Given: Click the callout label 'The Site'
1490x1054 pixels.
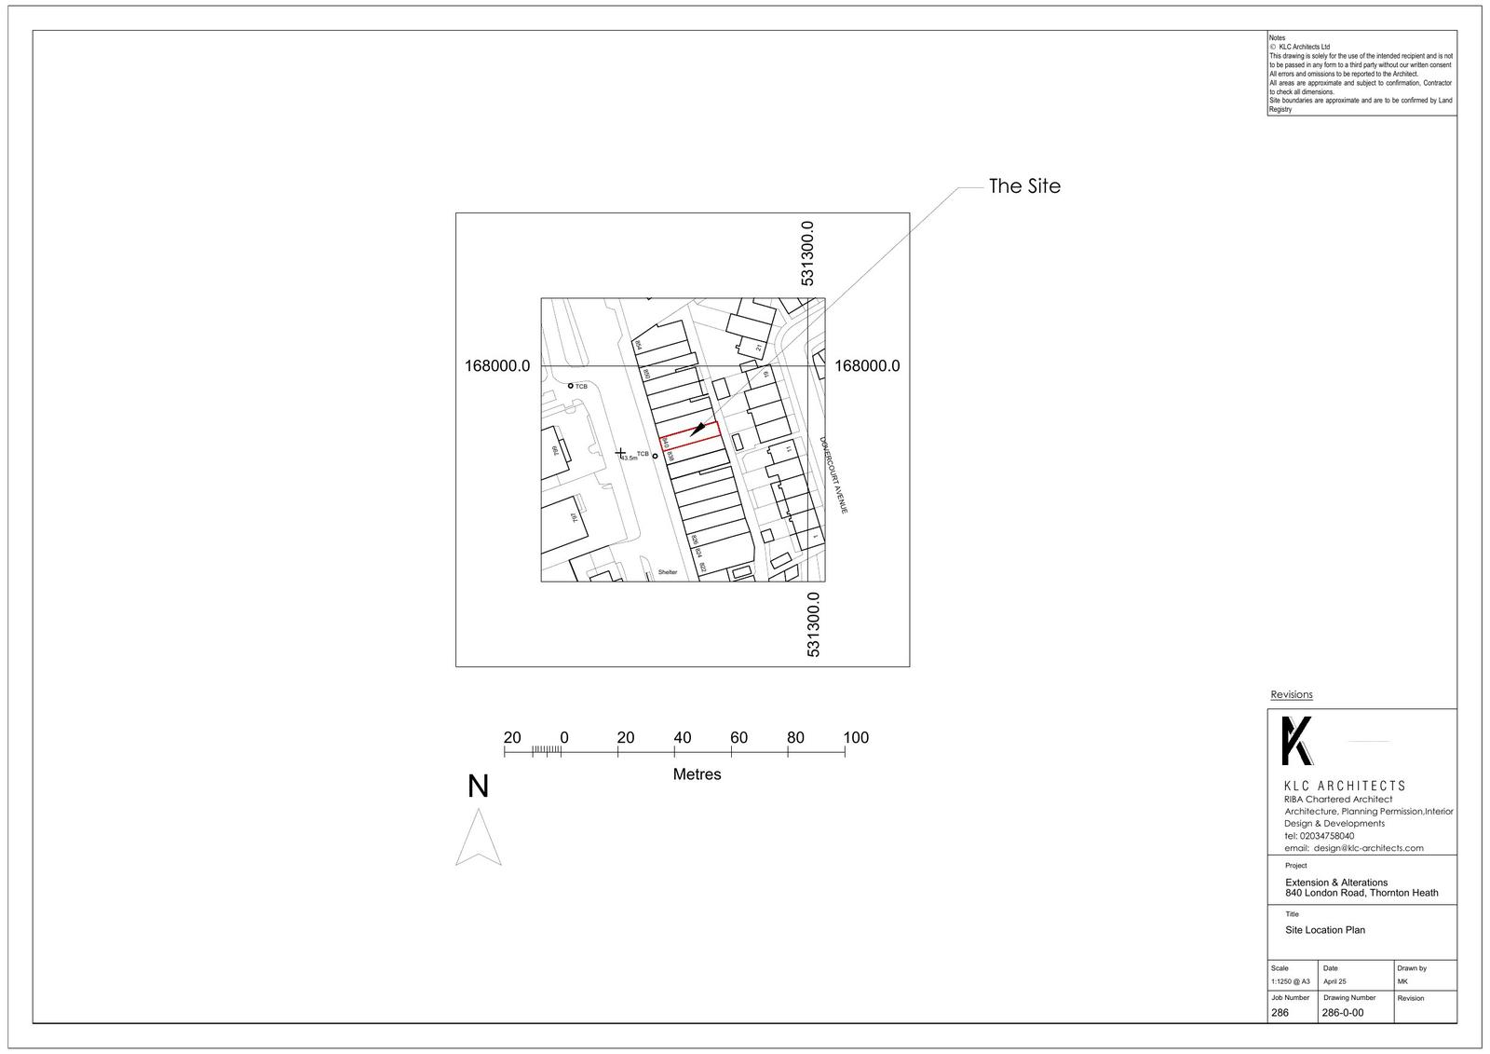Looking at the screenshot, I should [x=1023, y=186].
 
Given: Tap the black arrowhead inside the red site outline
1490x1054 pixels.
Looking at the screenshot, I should [x=698, y=430].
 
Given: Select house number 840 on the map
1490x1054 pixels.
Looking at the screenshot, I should [x=665, y=445].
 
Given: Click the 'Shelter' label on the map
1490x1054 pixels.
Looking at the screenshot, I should [x=668, y=571].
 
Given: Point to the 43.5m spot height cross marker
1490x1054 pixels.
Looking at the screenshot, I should [x=621, y=453].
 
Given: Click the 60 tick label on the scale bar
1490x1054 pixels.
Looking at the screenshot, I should [x=738, y=738].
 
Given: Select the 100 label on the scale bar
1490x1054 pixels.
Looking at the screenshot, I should [x=855, y=738].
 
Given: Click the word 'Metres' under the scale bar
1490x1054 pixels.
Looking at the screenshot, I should [x=697, y=774].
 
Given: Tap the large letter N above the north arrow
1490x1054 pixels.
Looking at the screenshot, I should [x=478, y=787].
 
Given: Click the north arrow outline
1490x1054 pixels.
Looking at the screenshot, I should [x=479, y=839].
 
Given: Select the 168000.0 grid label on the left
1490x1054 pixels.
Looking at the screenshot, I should [x=497, y=366].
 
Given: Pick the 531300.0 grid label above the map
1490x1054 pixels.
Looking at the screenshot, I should [x=808, y=253].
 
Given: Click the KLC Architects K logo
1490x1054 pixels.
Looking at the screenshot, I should [x=1296, y=741].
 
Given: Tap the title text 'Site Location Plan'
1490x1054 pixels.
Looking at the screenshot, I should [x=1324, y=930].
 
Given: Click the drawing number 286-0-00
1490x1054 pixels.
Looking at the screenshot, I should [x=1342, y=1013].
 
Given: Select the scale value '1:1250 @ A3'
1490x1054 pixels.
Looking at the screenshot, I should [x=1290, y=981].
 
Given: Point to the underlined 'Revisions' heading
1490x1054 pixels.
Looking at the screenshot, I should [x=1292, y=694].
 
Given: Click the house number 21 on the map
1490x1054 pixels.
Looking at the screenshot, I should [x=759, y=347].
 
